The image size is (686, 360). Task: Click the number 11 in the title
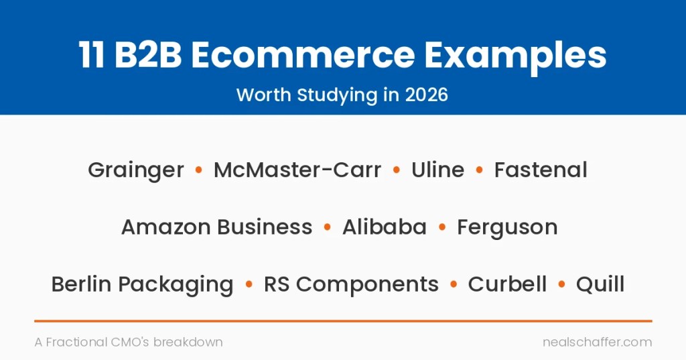[91, 55]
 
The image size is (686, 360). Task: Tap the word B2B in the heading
[148, 55]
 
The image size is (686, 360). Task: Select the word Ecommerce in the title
[303, 55]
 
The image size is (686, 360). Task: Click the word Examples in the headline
[515, 58]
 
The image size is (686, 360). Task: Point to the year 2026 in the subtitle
[426, 95]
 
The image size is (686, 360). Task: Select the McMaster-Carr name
[297, 170]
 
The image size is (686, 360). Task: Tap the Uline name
[437, 170]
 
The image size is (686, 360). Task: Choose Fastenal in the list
[541, 170]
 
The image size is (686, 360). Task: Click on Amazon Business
[217, 227]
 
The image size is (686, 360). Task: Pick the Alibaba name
[384, 227]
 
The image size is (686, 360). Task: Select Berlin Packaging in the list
[142, 285]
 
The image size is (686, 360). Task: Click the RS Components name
[351, 285]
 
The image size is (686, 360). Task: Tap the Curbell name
[507, 284]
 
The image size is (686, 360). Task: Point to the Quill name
[600, 284]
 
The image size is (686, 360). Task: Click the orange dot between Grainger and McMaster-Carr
[198, 170]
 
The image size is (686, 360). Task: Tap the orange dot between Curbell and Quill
[562, 284]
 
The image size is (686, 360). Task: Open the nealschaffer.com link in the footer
[597, 342]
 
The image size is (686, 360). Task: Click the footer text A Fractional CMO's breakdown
[129, 342]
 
